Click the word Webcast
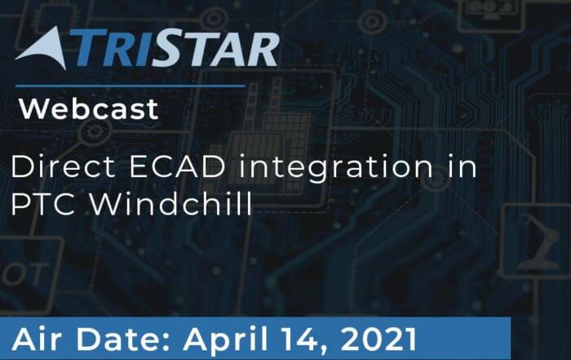(89, 109)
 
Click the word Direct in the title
(63, 167)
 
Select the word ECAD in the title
(177, 167)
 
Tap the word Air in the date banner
(37, 340)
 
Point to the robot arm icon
(539, 242)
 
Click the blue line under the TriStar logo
(131, 87)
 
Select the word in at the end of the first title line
(462, 167)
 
